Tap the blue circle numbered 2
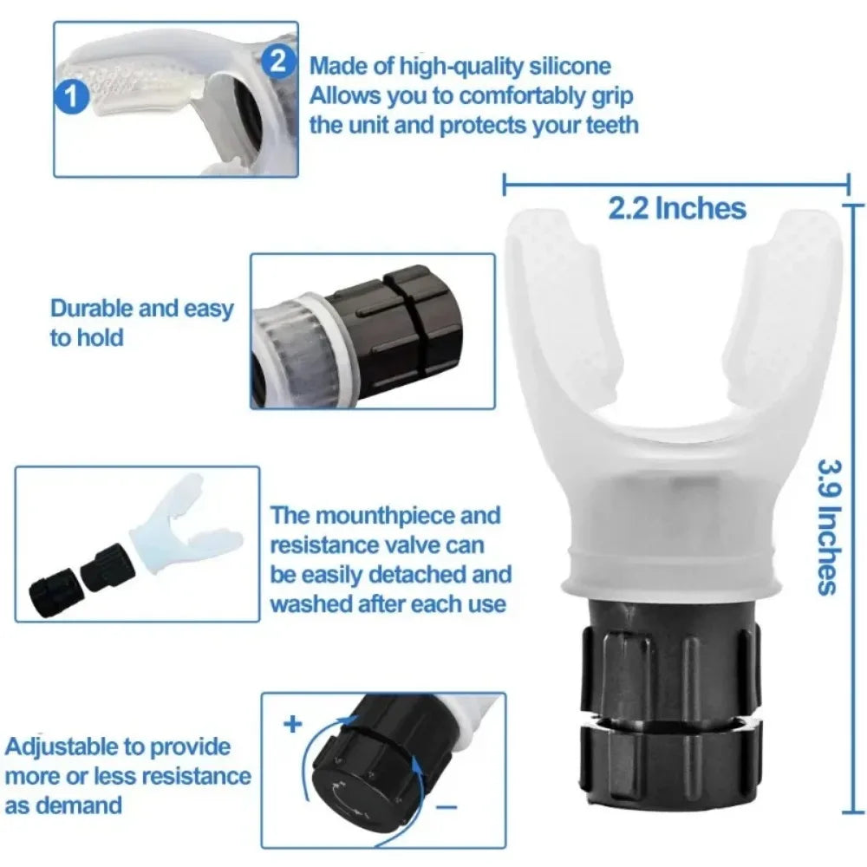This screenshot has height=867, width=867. coord(277,60)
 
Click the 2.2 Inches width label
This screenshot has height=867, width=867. coord(677,208)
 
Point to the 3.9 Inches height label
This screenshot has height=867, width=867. coord(827,525)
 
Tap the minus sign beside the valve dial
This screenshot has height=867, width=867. coord(446,807)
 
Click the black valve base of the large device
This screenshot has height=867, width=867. coord(668,694)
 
